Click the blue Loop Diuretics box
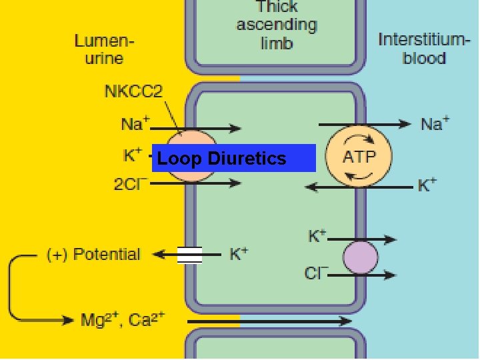click(233, 158)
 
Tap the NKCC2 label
click(133, 91)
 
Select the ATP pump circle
click(359, 157)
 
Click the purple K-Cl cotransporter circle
click(360, 257)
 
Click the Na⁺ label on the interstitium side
click(435, 123)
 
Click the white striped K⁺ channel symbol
click(189, 255)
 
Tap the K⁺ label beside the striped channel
click(239, 254)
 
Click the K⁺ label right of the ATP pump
click(427, 185)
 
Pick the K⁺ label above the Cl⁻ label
click(317, 236)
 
